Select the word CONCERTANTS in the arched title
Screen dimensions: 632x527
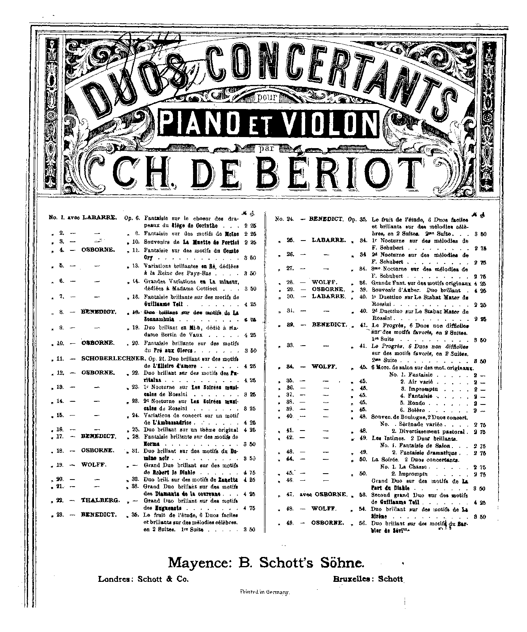point(325,69)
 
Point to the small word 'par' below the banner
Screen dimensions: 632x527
point(268,149)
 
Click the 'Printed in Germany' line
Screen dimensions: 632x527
point(265,592)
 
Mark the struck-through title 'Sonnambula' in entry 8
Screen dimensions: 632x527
point(160,319)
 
